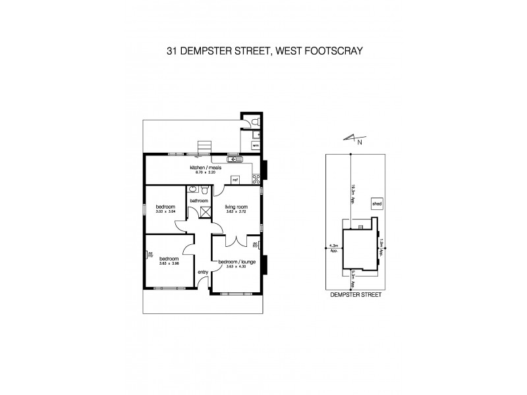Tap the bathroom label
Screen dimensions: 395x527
pos(198,200)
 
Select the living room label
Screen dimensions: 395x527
pos(235,206)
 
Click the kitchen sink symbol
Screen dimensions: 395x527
pos(235,159)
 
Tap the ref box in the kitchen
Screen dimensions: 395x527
pos(235,179)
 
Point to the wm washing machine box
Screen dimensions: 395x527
pos(255,145)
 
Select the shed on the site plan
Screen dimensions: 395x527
pos(377,204)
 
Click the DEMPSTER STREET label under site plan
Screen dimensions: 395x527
pos(354,296)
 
